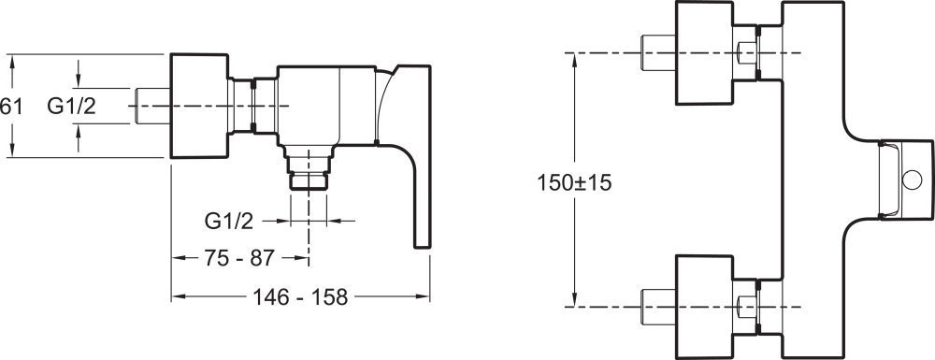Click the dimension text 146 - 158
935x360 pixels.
coord(300,296)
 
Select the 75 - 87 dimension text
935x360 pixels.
coord(239,258)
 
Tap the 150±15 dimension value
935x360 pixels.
coord(574,182)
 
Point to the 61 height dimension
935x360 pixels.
coord(10,107)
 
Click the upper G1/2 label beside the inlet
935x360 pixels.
coord(72,106)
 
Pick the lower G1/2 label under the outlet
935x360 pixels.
coord(229,221)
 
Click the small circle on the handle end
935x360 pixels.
coord(913,180)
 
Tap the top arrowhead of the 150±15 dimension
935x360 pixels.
coord(574,58)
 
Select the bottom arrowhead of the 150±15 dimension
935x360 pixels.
coord(574,301)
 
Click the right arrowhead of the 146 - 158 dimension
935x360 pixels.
coord(424,296)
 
